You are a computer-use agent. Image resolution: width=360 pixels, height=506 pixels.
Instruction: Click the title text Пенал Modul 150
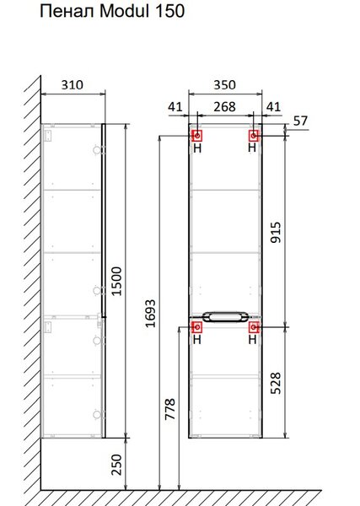coord(112,11)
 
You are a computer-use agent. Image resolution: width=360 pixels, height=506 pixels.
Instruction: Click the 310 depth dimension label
coord(73,85)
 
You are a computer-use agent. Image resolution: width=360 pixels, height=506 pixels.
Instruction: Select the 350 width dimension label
coord(224,85)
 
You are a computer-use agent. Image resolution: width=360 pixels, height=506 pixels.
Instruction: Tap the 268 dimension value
coord(224,107)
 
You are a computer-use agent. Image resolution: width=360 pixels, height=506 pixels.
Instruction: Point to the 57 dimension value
coord(300,121)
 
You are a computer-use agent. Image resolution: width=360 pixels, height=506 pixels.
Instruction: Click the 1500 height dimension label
coord(116,281)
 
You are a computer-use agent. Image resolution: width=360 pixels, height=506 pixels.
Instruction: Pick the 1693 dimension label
coord(150,314)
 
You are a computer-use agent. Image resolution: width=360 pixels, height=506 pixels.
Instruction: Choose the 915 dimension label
coord(276,233)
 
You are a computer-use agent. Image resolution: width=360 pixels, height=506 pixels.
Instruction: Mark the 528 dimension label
coord(276,383)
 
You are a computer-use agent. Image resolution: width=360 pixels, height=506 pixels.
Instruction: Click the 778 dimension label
coord(170,409)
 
